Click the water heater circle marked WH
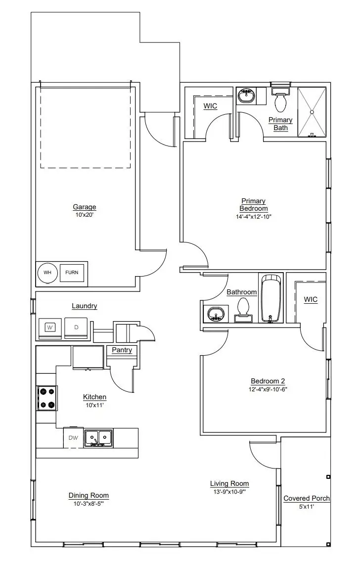(47, 273)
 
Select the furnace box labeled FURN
(72, 273)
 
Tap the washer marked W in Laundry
(50, 327)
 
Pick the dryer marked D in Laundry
(76, 327)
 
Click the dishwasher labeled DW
(73, 438)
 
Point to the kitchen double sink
(98, 438)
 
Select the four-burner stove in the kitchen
(47, 398)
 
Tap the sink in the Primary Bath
(246, 95)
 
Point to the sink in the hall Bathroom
(214, 314)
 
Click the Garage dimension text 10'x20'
(84, 215)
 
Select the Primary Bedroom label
(254, 205)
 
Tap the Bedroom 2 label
(268, 381)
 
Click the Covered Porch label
(307, 498)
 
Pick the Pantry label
(122, 350)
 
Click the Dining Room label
(89, 495)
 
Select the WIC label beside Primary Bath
(210, 106)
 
